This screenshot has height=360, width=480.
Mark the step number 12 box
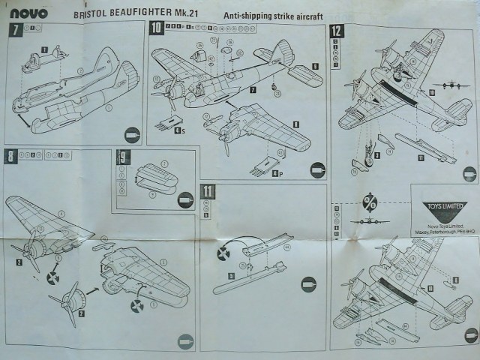point(337,31)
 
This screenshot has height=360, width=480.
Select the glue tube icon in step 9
point(184,199)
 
